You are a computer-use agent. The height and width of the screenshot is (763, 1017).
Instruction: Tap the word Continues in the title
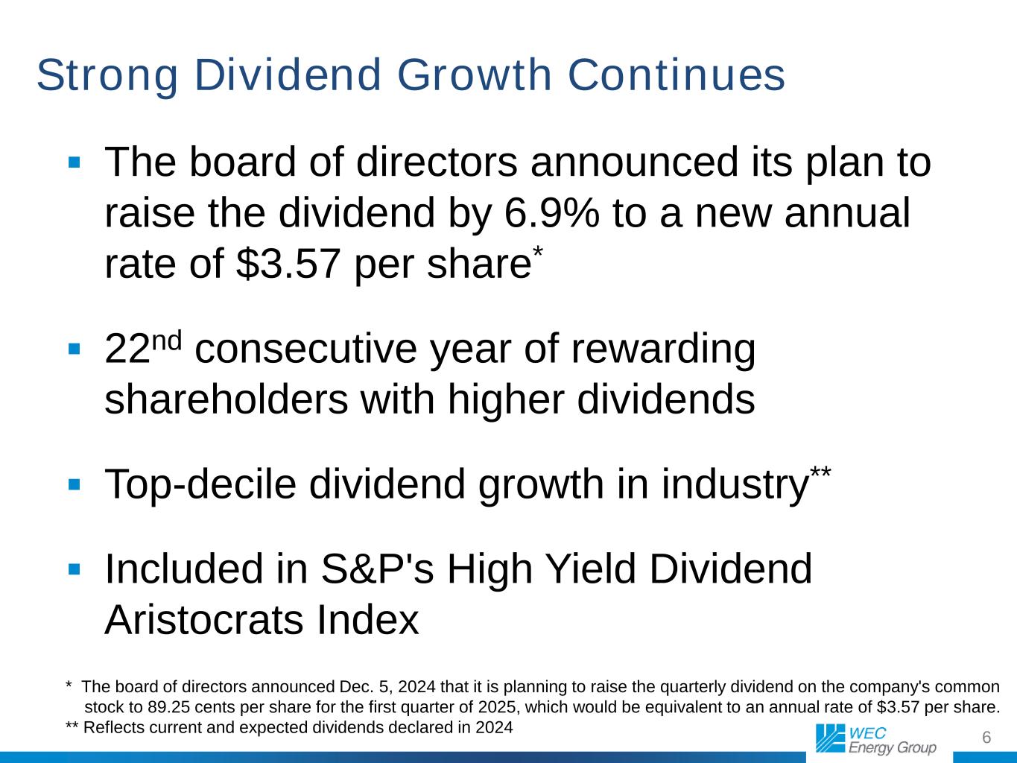click(677, 75)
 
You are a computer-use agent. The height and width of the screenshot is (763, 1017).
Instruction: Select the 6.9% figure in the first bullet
click(551, 212)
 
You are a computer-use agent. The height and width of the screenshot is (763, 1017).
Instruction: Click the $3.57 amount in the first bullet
click(288, 264)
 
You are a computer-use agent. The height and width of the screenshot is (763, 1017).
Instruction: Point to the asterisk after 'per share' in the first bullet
click(537, 253)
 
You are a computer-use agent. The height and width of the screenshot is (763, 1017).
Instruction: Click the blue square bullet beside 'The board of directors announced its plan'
click(74, 162)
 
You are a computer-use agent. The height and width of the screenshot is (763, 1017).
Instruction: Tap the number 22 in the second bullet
click(128, 349)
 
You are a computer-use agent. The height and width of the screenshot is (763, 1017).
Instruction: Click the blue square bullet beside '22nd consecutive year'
click(74, 349)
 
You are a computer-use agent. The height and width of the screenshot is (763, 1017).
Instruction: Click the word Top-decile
click(200, 484)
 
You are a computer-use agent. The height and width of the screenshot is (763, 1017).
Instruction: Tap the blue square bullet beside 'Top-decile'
click(74, 484)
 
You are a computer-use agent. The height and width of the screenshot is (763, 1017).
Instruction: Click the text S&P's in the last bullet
click(377, 569)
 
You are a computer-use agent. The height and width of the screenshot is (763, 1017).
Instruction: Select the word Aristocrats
click(204, 619)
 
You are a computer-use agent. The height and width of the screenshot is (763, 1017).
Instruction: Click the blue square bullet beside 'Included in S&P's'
click(74, 569)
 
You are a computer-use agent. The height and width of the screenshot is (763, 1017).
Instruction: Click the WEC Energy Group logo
click(875, 739)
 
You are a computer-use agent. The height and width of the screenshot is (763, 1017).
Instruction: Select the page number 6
click(986, 738)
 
